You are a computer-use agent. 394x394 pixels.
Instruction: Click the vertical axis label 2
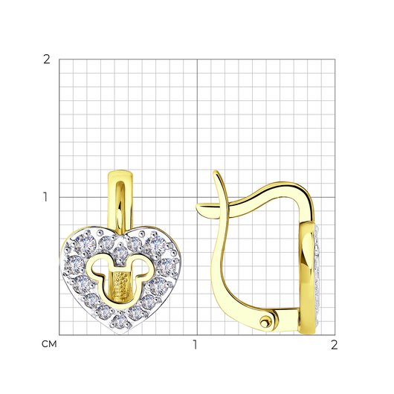tap(47, 59)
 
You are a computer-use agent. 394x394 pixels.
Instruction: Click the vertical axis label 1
tap(45, 197)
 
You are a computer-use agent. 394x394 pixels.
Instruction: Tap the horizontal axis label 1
tap(195, 345)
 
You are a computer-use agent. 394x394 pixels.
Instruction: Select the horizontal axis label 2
tap(334, 345)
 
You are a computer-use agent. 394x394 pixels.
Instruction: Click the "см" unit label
tap(49, 344)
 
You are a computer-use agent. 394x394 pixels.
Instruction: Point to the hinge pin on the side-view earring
tap(265, 322)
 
